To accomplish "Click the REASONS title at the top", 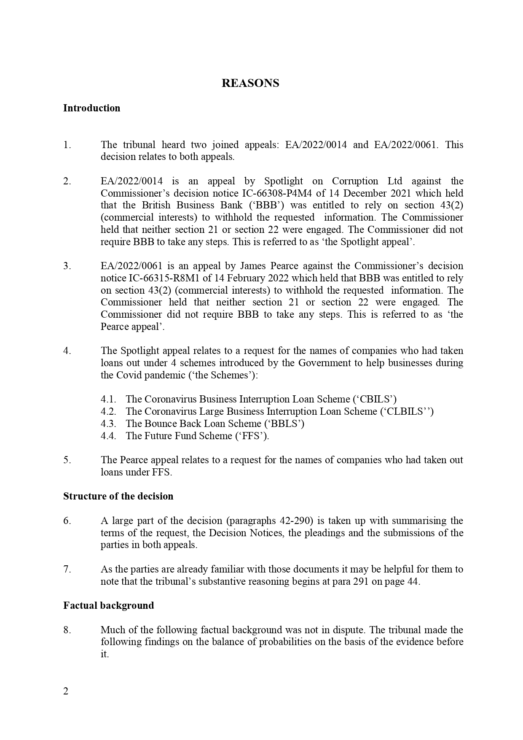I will [x=250, y=83].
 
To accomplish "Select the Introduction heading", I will [x=91, y=108].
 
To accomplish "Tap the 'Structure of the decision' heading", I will [x=118, y=496].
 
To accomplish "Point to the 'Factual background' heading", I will [x=108, y=605].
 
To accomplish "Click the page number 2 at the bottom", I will [x=66, y=691].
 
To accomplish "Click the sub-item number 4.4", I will [x=108, y=436].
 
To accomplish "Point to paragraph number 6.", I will [x=67, y=521].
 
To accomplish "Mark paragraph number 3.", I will [x=67, y=266].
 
